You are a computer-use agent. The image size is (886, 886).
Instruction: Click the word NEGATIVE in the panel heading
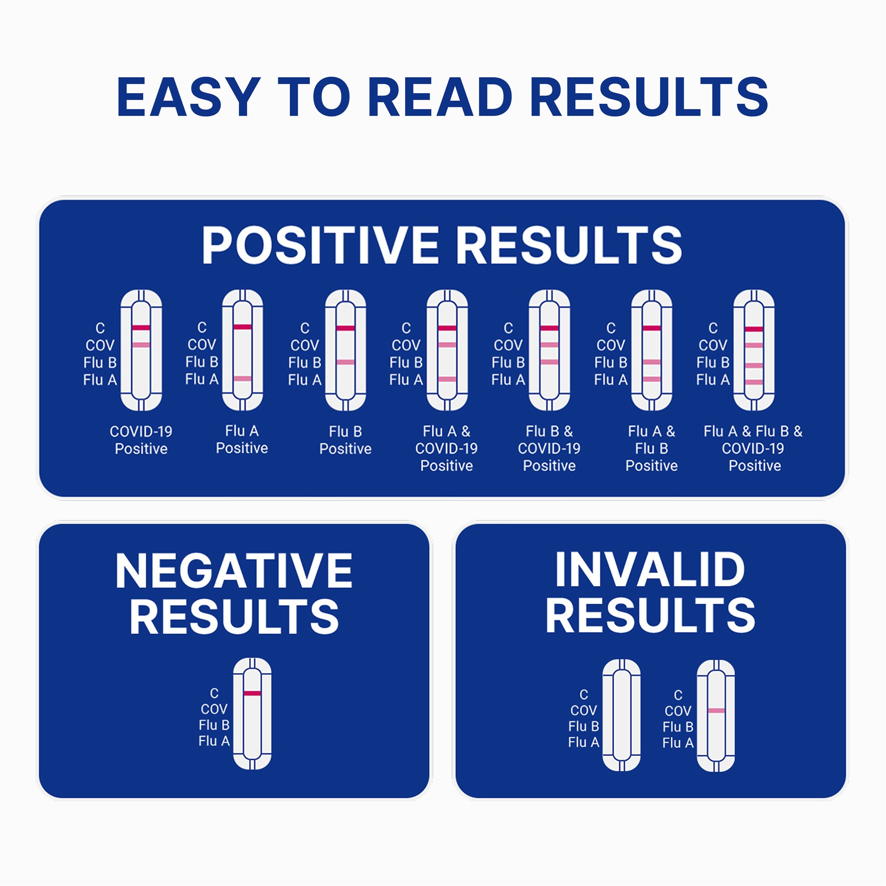(234, 571)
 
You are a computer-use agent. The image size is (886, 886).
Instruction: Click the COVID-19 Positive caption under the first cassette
(141, 440)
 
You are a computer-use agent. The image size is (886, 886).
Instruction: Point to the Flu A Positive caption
(242, 439)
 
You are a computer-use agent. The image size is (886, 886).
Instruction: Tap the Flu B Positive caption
(346, 440)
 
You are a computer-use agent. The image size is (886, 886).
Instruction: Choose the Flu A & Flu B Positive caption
(651, 448)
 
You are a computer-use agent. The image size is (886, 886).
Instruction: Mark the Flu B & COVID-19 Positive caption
(549, 448)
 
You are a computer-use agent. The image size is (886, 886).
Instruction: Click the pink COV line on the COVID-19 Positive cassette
(141, 344)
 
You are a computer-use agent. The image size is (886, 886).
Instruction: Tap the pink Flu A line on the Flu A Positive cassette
(243, 378)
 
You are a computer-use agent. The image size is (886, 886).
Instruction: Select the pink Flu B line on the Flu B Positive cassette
(346, 362)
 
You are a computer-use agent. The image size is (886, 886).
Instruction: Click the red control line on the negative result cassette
(252, 693)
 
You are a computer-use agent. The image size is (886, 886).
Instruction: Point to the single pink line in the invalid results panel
(716, 711)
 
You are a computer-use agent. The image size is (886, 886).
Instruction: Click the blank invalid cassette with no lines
(622, 715)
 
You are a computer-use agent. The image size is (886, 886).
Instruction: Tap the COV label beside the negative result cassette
(214, 709)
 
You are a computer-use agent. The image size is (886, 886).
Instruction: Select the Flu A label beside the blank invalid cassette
(583, 742)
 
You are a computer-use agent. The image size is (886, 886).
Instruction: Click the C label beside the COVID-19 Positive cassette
(100, 328)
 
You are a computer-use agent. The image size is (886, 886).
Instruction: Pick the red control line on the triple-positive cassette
(754, 329)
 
